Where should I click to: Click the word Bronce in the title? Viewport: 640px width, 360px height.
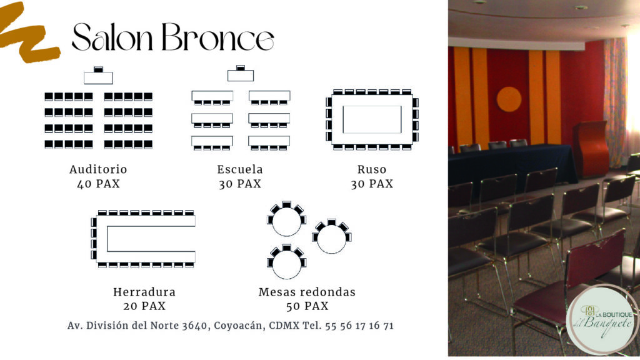click(x=218, y=37)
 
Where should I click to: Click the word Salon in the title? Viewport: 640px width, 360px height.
click(x=112, y=37)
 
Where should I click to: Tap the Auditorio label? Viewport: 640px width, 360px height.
click(x=98, y=169)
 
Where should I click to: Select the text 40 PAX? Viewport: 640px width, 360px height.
click(x=98, y=184)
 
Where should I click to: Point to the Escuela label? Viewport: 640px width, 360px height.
click(x=240, y=169)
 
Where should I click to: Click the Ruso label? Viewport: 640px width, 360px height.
click(x=372, y=169)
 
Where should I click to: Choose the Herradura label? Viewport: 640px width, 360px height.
click(x=144, y=292)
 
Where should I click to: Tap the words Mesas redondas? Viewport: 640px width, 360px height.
click(x=307, y=292)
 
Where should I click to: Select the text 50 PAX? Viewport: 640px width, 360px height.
click(x=307, y=306)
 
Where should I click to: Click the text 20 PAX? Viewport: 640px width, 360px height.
click(x=144, y=306)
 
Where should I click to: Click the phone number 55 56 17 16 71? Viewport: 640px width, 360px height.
click(x=359, y=326)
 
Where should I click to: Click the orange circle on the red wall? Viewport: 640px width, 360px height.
click(x=509, y=99)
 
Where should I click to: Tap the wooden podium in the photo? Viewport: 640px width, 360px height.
click(x=591, y=148)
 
